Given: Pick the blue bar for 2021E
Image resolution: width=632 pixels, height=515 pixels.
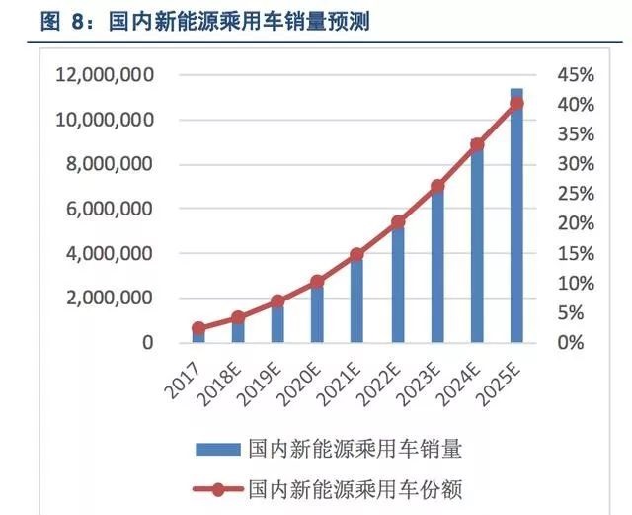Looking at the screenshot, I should point(357,301).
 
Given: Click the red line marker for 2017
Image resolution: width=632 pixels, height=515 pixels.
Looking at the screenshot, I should point(198,328).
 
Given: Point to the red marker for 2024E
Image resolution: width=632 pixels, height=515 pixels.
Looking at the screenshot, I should point(477,145).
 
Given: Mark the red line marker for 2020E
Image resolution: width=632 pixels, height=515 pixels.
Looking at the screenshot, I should point(317,282).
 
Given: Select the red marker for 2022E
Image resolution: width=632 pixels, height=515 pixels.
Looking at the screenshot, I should point(397,222).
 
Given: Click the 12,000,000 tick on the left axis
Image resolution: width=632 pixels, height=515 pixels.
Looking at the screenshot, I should point(105,75).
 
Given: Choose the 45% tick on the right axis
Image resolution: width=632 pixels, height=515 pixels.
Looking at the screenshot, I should point(576,75).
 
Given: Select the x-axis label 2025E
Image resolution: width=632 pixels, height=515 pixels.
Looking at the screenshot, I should point(501,377).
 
